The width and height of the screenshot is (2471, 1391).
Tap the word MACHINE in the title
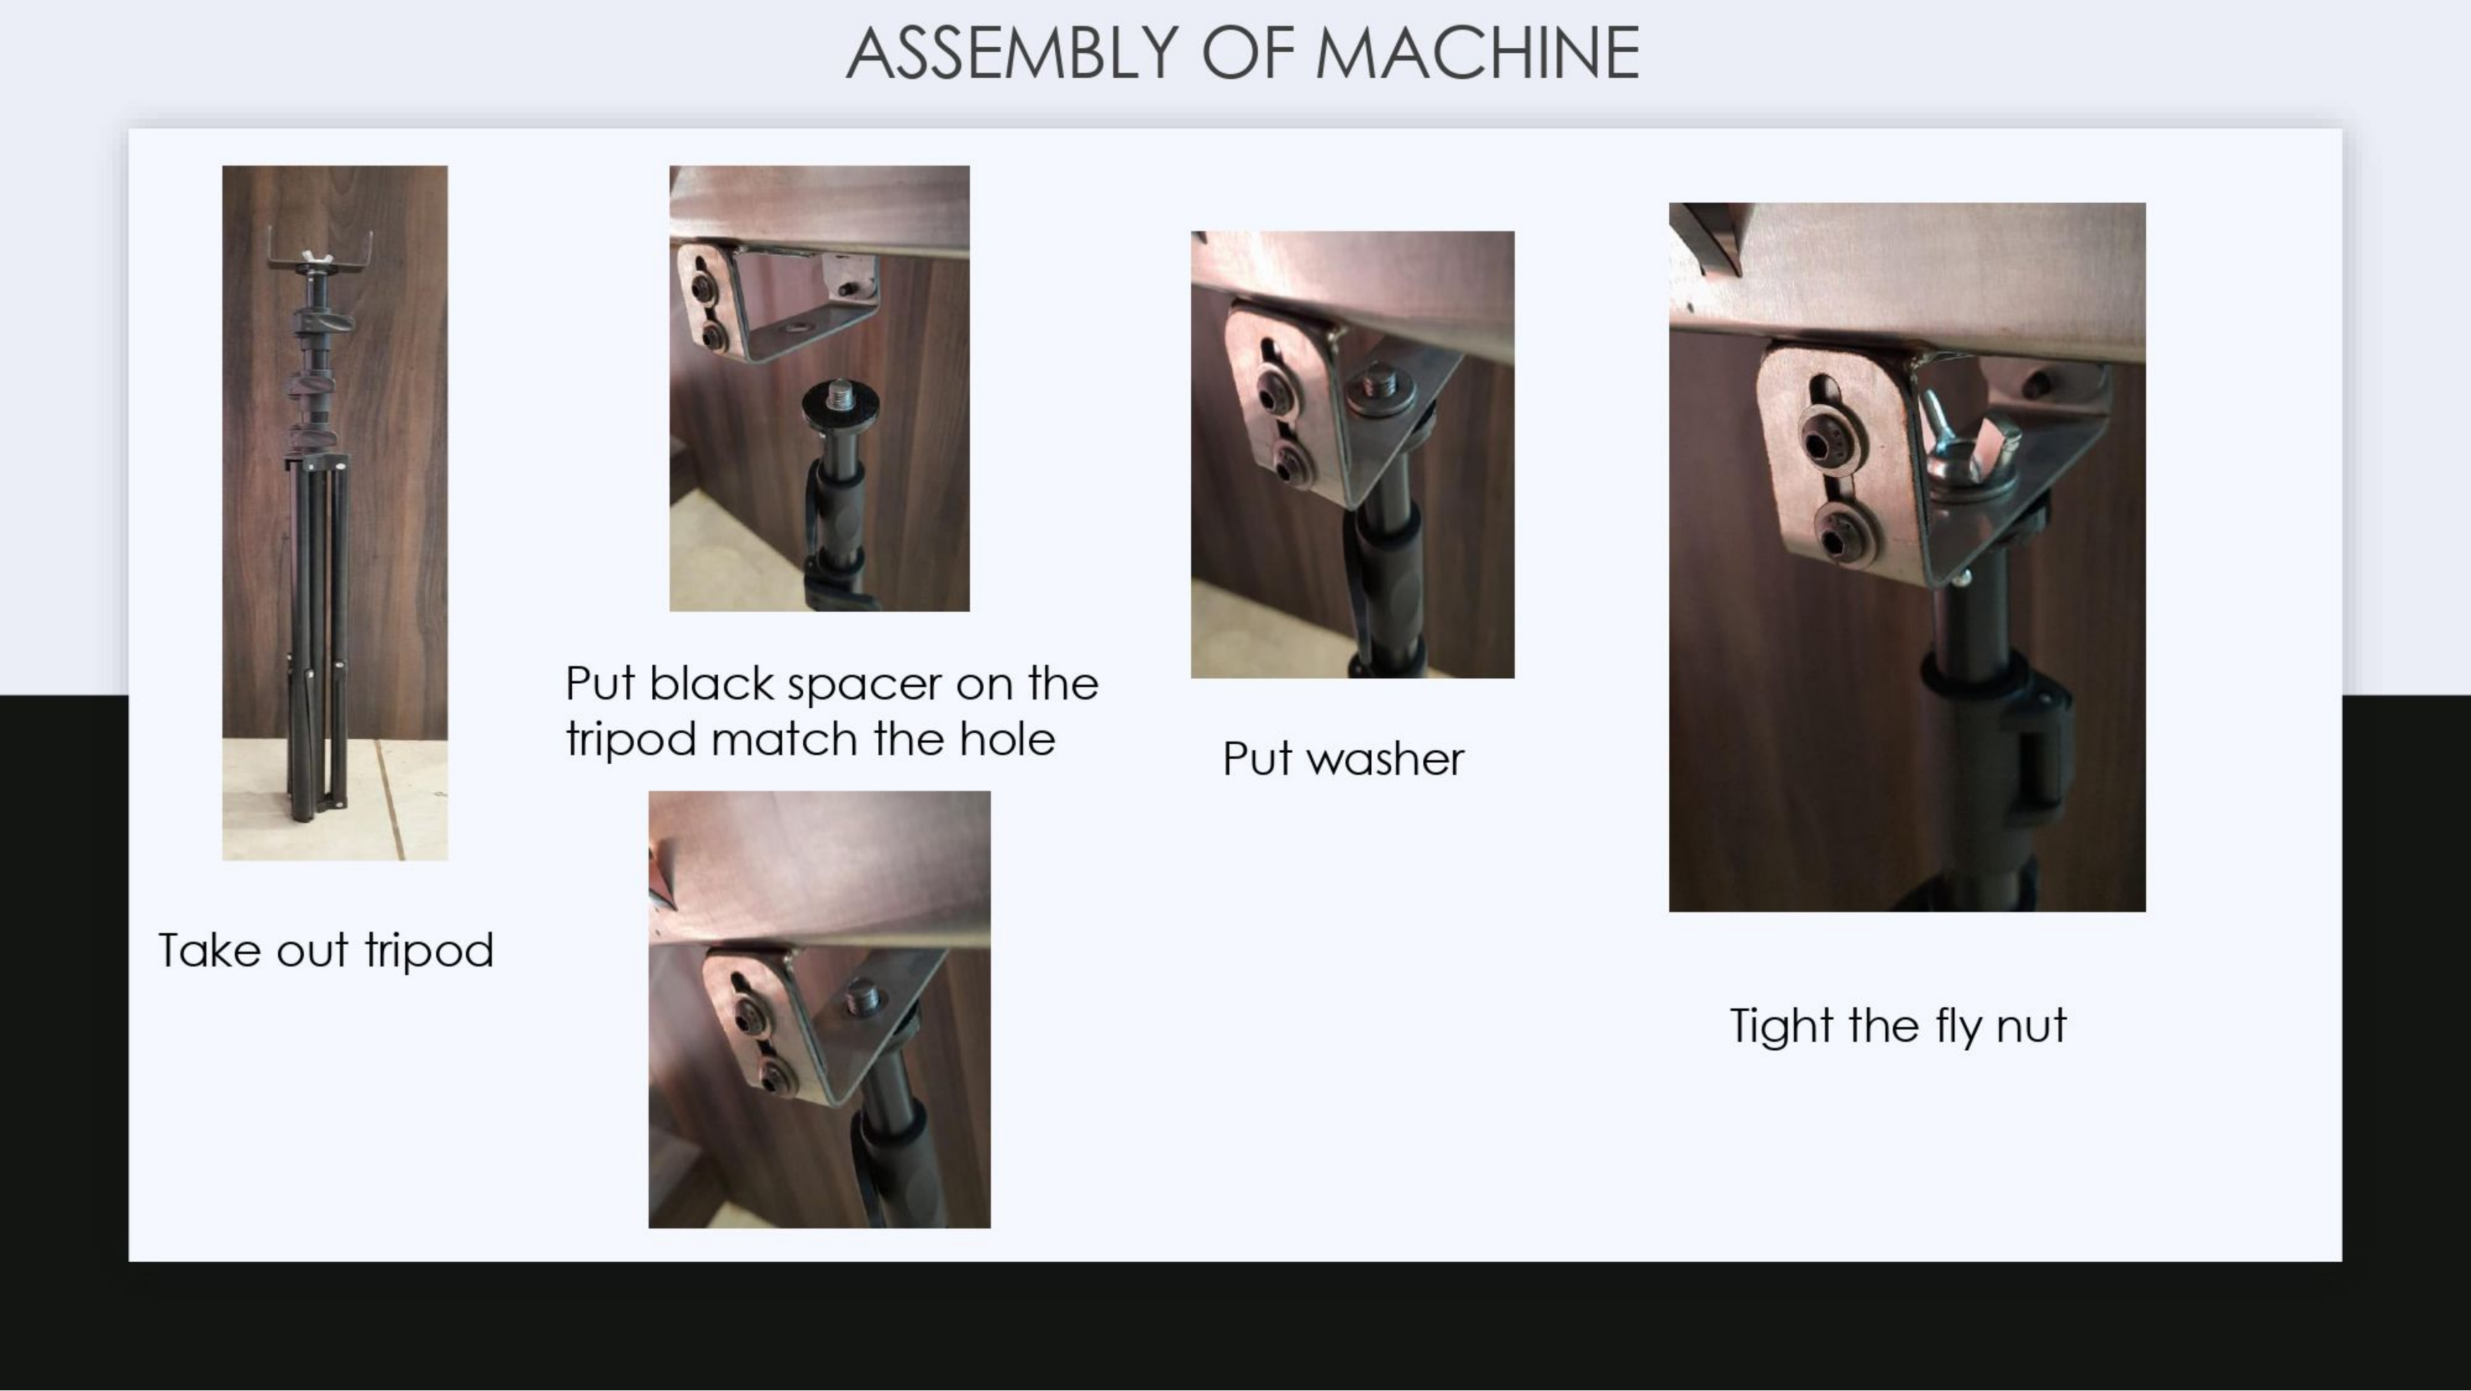point(1477,54)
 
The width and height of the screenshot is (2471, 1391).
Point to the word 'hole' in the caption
point(1007,739)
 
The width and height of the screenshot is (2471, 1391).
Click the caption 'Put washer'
point(1343,760)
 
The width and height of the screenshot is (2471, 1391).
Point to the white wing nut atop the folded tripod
point(313,257)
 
